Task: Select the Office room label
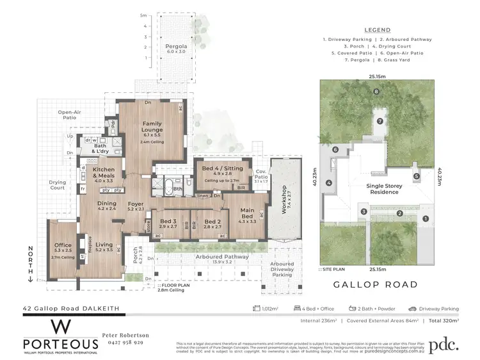62,245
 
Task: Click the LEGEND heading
377,30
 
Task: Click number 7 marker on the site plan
379,120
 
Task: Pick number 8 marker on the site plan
376,92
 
